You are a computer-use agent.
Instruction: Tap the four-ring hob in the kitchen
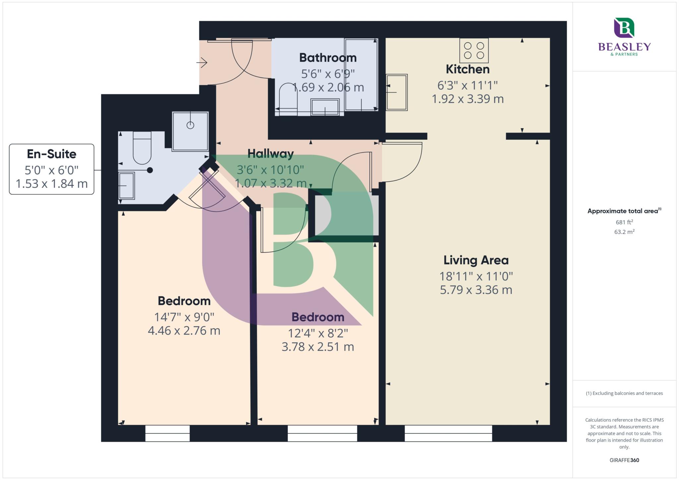[474, 50]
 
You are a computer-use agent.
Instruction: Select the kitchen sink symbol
[397, 92]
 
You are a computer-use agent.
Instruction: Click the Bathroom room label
[328, 58]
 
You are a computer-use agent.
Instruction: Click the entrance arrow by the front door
[202, 62]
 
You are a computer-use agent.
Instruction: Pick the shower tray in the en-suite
[190, 131]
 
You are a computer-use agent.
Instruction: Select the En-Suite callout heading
[51, 154]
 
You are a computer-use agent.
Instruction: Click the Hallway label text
[271, 154]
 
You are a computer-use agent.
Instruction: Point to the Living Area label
[476, 260]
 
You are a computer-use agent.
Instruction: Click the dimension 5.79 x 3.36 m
[476, 290]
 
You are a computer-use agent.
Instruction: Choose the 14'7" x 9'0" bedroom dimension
[184, 317]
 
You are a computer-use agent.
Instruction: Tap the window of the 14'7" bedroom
[167, 433]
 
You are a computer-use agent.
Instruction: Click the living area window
[448, 433]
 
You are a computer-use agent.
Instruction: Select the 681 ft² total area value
[624, 222]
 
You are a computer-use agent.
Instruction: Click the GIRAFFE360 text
[624, 460]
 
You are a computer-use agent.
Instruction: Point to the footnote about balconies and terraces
[624, 393]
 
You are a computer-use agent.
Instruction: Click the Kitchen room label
[467, 69]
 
